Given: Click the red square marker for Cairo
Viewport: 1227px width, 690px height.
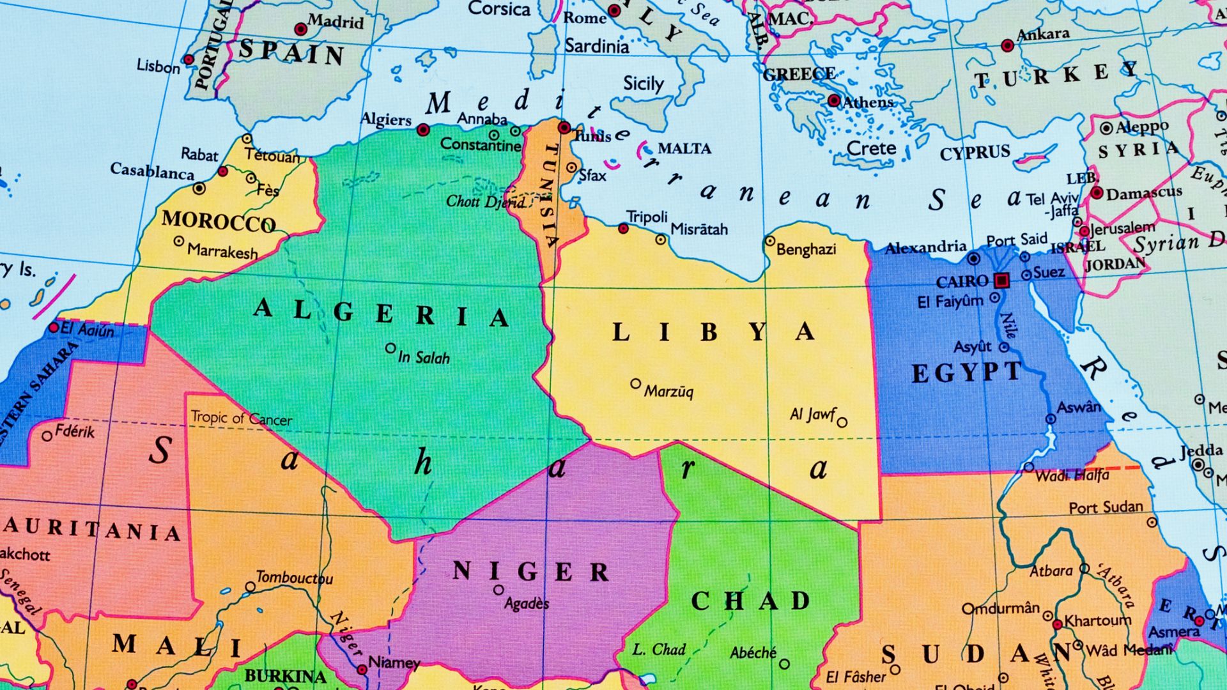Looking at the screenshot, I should coord(1001,280).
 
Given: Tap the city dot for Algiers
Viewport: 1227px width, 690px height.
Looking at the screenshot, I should coord(422,130).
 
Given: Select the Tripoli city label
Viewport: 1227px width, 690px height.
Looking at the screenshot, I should coord(647,217).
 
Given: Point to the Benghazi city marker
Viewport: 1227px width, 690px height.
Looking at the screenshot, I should coord(770,241).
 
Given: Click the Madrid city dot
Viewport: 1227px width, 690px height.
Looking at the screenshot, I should coord(300,29).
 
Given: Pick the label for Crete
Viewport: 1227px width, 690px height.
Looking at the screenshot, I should coord(871,148).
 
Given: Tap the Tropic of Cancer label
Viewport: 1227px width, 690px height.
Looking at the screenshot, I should coord(241,418).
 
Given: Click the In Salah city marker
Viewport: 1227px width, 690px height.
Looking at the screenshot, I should coord(390,348).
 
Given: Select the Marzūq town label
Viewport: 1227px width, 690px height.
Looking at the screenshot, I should coord(668,391).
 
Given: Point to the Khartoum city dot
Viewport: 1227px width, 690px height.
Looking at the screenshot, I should coord(1058,624).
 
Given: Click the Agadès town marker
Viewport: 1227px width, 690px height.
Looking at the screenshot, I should coord(498,590).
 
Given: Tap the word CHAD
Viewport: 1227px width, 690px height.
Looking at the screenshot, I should coord(750,601).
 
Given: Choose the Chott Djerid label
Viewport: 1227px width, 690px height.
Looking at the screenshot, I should coord(485,202).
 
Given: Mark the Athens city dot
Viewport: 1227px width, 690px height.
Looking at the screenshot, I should coord(833,100).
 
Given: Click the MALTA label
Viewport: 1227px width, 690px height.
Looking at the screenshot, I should coord(684,149).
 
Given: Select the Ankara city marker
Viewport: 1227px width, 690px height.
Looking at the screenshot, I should coord(1008,45).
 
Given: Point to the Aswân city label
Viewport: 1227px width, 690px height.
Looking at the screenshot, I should coord(1079,407).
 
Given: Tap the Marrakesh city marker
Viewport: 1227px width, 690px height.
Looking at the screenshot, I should coord(179,241).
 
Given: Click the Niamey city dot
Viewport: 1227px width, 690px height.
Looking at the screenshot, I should coord(362,670).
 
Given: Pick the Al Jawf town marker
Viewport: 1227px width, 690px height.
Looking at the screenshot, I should coord(842,422).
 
